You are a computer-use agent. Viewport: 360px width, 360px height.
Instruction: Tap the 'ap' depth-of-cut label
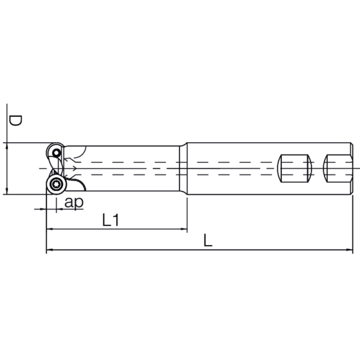point(74,202)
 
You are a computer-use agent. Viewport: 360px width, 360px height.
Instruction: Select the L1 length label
point(110,220)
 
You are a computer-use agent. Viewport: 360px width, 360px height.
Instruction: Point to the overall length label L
point(207,241)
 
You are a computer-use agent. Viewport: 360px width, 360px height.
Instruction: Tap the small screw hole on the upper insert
point(56,153)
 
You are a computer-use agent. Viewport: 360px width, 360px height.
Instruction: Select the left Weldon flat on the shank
point(294,169)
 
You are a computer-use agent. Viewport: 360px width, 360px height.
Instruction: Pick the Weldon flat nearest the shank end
point(338,169)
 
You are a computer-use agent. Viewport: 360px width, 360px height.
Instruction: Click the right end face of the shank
point(352,169)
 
